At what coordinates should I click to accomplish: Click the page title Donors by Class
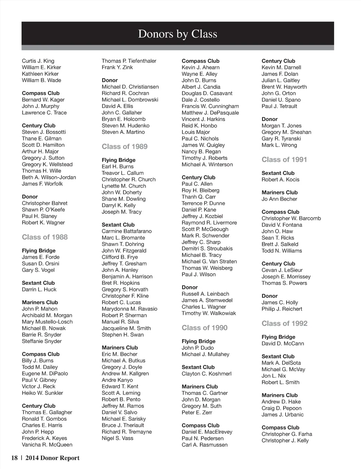coord(178,34)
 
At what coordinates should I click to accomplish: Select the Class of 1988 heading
coord(45,237)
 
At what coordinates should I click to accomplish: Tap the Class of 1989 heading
coord(124,146)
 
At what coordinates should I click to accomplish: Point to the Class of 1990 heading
coord(204,328)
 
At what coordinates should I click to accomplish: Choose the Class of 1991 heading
coord(284,160)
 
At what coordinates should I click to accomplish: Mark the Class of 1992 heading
coord(284,324)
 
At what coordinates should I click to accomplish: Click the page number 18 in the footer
coord(14,458)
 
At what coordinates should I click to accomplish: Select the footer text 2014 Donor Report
coord(53,458)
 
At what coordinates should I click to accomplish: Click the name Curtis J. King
coord(38,61)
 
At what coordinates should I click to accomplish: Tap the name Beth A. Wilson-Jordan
coord(49,178)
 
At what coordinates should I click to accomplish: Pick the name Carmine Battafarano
coord(127,231)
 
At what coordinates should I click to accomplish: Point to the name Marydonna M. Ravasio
coord(129,309)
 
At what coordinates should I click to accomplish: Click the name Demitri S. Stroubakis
coord(207,248)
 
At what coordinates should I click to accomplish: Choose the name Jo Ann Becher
coord(279,199)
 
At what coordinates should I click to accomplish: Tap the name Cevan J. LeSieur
coord(282,270)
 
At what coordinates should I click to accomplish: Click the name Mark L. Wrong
coord(279,145)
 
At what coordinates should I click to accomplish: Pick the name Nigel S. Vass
coord(117,438)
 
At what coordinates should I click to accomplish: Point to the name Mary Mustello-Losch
coord(47,322)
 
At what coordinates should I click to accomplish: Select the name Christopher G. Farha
coord(287,434)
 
